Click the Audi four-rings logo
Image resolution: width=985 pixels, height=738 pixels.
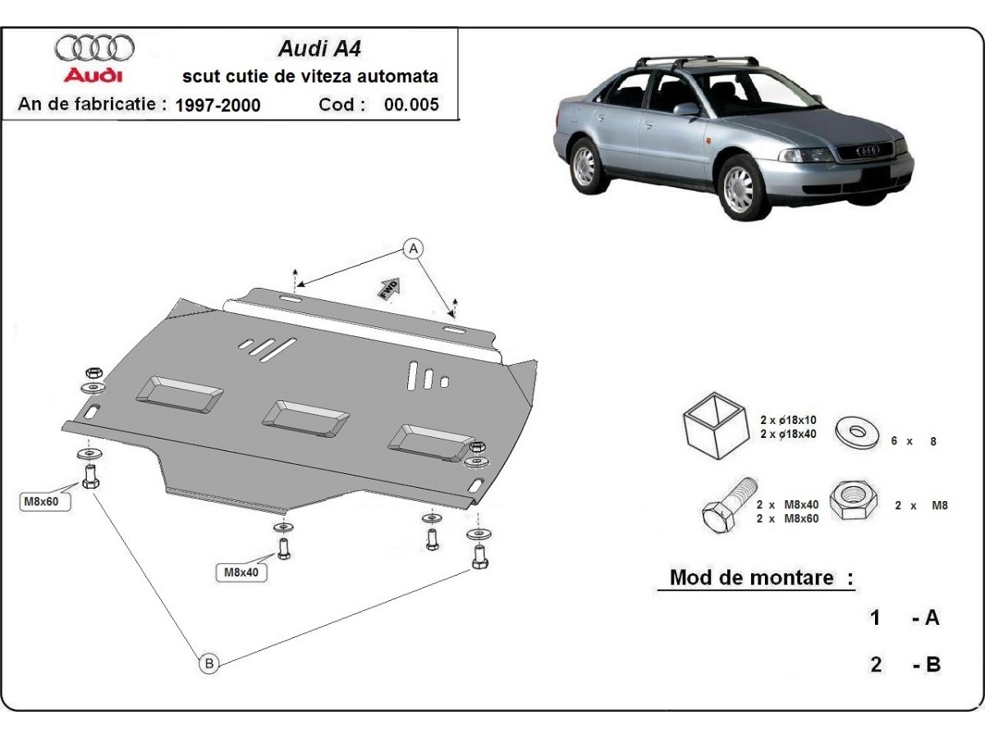click(94, 48)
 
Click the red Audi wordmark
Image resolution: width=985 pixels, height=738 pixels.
click(94, 75)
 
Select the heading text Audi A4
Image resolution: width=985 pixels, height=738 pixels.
click(309, 48)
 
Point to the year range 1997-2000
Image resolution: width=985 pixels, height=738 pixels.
click(218, 105)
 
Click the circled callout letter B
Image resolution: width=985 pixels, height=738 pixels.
click(209, 663)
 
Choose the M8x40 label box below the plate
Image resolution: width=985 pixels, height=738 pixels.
click(241, 572)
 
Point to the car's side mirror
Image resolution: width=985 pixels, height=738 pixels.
click(686, 109)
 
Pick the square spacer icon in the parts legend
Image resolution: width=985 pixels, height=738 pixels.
click(712, 424)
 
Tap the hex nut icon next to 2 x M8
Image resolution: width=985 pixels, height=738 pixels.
click(854, 500)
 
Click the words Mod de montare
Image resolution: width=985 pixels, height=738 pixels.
click(751, 577)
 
